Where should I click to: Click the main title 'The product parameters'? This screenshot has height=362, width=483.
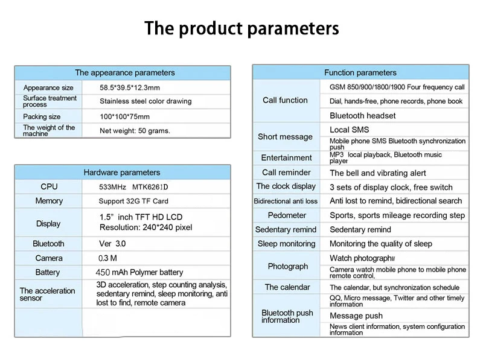tap(241, 28)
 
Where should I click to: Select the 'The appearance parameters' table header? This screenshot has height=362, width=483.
tap(124, 73)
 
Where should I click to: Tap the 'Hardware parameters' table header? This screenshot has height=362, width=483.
tap(122, 173)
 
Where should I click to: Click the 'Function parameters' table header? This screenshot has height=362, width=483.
tap(360, 73)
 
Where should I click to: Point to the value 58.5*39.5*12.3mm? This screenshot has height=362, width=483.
tap(130, 87)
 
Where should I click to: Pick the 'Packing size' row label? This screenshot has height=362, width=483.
tap(42, 116)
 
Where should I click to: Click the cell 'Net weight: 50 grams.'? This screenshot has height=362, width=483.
tap(135, 130)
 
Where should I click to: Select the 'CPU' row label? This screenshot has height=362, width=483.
tap(49, 187)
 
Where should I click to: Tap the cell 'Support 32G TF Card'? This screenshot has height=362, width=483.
tap(134, 201)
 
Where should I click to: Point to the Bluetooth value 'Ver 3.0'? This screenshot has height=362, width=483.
tap(112, 244)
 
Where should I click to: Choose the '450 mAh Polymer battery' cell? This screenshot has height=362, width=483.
tap(141, 272)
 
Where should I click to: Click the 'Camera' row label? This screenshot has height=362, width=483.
tap(49, 258)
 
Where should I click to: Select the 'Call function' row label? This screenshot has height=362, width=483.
tap(285, 100)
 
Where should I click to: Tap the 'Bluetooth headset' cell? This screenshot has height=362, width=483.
tap(363, 115)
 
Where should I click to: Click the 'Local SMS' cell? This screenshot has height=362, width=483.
tap(349, 130)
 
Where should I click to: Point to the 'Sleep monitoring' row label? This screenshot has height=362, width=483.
tap(286, 244)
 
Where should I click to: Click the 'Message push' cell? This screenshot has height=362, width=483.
tap(356, 316)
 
